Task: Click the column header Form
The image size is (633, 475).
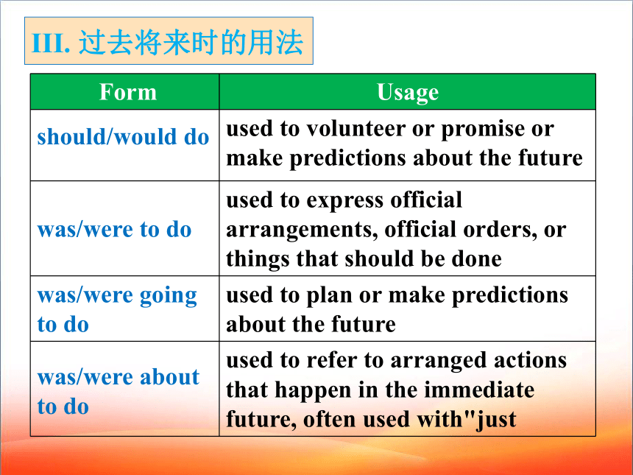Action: [x=128, y=92]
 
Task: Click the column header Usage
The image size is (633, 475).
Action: [x=408, y=93]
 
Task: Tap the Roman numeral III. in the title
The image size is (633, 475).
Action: [x=51, y=43]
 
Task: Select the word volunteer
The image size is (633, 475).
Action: [x=356, y=130]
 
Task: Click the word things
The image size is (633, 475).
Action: [x=258, y=260]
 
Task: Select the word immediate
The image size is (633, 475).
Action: [x=479, y=390]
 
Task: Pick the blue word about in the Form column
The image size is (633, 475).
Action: [x=169, y=377]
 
